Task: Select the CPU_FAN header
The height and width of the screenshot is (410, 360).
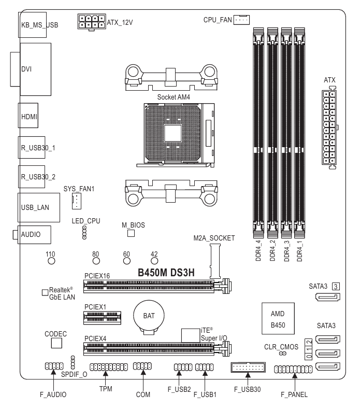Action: click(x=241, y=20)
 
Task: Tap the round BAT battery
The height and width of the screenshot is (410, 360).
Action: click(x=149, y=316)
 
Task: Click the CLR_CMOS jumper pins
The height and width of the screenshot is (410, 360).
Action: click(x=283, y=353)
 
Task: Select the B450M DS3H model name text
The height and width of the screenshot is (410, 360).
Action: click(x=165, y=273)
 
